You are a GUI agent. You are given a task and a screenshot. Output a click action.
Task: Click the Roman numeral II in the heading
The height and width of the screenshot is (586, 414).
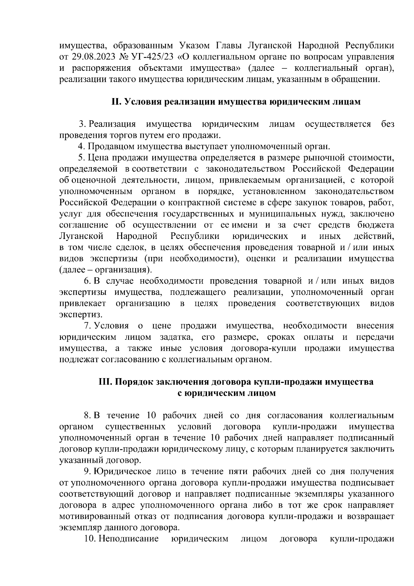(116, 102)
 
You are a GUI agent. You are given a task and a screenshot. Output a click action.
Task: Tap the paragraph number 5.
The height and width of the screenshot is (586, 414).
(81, 158)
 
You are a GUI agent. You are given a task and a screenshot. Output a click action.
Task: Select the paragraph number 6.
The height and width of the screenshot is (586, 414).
(87, 281)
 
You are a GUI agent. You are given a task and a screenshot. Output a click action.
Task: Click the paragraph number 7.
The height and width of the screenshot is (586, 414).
(88, 326)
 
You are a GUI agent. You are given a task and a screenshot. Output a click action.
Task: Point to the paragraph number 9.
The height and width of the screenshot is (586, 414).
(87, 471)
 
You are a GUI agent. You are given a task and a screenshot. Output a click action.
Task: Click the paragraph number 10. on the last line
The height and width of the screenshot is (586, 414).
(90, 539)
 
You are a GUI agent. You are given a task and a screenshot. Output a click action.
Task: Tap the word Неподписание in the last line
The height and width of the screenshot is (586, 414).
(129, 539)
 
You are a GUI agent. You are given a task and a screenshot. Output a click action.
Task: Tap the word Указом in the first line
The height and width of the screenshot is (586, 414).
(196, 46)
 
